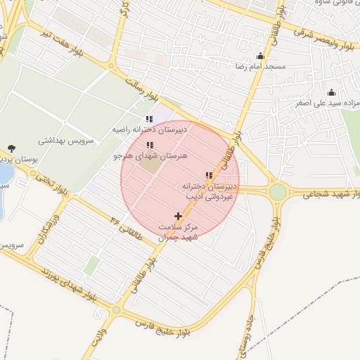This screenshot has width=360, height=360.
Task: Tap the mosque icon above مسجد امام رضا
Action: pos(261,56)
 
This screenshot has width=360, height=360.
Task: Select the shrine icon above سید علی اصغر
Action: pos(332,93)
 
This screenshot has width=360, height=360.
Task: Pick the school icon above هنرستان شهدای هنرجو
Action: pos(148,145)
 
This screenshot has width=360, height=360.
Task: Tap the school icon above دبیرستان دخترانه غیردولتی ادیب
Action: pos(208,175)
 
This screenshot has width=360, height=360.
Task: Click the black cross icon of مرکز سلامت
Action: pos(177,216)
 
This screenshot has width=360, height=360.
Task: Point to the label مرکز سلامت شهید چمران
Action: pos(179,233)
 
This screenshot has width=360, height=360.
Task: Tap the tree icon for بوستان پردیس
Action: pos(11,148)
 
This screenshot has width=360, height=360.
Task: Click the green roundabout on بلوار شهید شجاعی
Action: pos(278,191)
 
